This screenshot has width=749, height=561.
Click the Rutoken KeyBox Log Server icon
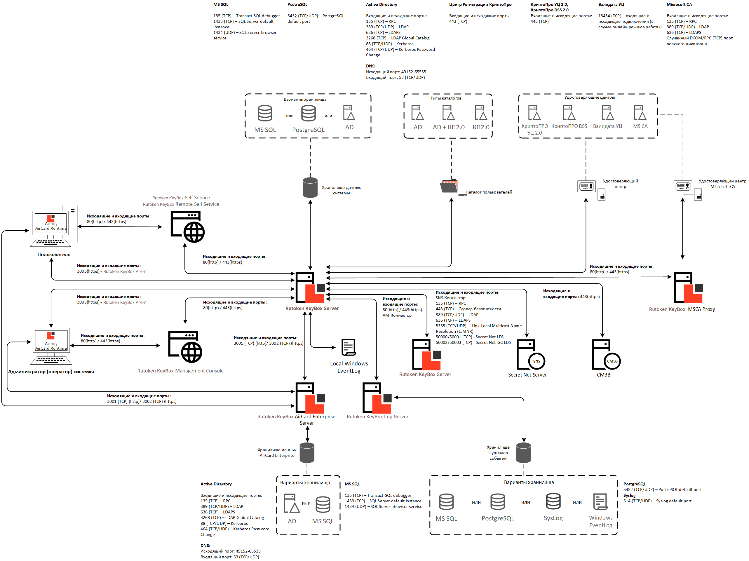[x=377, y=398]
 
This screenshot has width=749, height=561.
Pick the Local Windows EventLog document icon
[x=349, y=347]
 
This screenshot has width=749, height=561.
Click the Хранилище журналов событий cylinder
[x=523, y=453]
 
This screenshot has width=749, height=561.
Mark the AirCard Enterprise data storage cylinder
[x=307, y=453]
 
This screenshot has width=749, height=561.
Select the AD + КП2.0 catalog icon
[x=448, y=112]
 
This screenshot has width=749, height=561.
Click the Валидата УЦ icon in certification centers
[x=607, y=112]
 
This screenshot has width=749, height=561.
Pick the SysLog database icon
[x=553, y=501]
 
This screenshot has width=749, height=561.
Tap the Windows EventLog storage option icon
[x=600, y=501]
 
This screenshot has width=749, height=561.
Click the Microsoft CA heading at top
[x=679, y=4]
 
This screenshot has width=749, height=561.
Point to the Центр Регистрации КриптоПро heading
[x=480, y=4]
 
